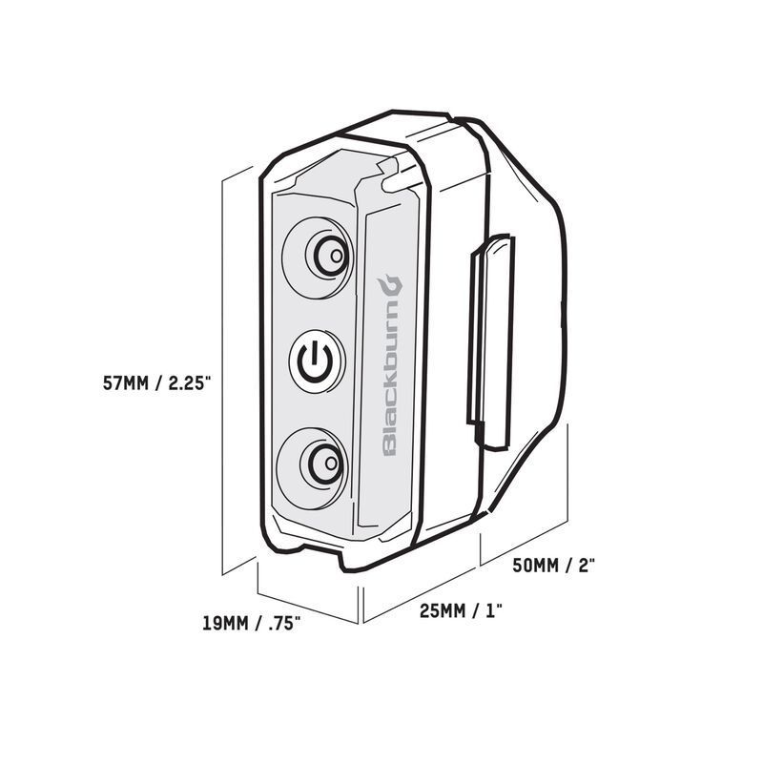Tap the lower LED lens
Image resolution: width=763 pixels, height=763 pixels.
pyautogui.click(x=321, y=465)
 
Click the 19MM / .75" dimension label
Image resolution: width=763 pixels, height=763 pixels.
pyautogui.click(x=252, y=626)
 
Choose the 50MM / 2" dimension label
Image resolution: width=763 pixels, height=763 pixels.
pyautogui.click(x=554, y=565)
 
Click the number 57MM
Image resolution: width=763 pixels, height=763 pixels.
pyautogui.click(x=128, y=383)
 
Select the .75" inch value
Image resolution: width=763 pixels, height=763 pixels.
pyautogui.click(x=283, y=626)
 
